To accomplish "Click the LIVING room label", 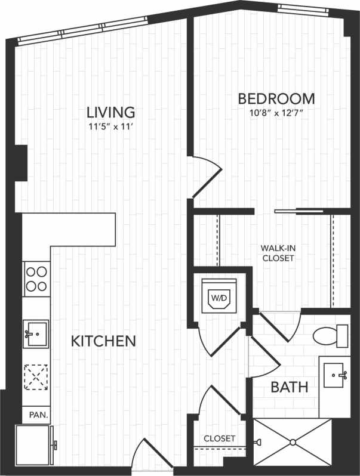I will click(x=110, y=112).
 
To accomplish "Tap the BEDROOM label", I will click(x=276, y=98).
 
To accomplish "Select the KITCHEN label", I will click(x=103, y=341).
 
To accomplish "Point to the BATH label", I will click(x=290, y=387).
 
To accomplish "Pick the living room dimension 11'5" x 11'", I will click(x=110, y=126).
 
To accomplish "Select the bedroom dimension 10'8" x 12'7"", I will click(x=276, y=113).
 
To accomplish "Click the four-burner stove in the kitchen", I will click(x=36, y=279).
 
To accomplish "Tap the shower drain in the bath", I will click(x=293, y=442).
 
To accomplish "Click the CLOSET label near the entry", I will click(x=220, y=438).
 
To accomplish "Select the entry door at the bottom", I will click(x=149, y=456).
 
